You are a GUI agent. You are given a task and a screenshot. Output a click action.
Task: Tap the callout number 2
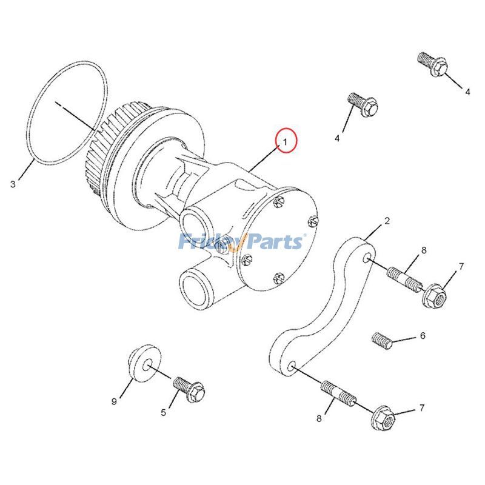click(x=387, y=221)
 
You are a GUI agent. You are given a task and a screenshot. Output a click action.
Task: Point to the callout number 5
click(x=163, y=413)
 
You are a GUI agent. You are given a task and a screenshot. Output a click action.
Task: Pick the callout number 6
click(x=423, y=335)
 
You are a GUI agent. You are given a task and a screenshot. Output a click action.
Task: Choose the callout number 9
click(x=113, y=401)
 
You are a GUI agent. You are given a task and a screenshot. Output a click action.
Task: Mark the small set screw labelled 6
click(x=380, y=340)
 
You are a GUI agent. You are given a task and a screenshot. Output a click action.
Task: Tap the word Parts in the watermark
click(x=273, y=242)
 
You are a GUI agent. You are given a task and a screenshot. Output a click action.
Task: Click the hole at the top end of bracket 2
click(x=367, y=259)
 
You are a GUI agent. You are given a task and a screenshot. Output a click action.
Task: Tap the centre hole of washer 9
click(x=147, y=366)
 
